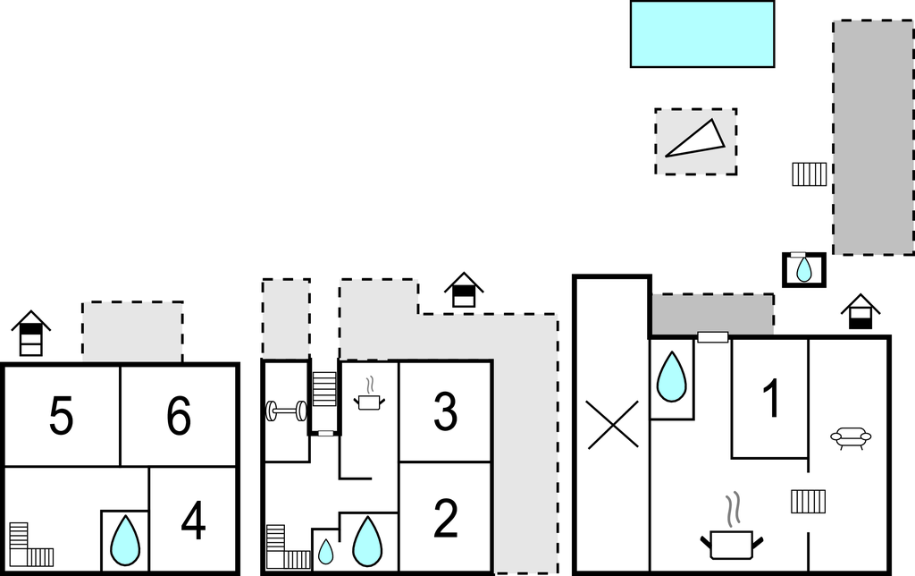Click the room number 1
tap(770, 399)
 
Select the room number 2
tap(445, 519)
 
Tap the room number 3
tap(445, 411)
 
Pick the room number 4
tap(193, 521)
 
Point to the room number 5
tap(61, 417)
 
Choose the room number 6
tap(179, 417)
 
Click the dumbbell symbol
tap(286, 411)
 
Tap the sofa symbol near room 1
tap(851, 438)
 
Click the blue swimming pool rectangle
tap(701, 34)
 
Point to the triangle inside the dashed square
tap(695, 140)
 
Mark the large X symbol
tap(612, 424)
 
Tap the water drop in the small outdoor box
tap(804, 268)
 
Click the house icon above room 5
tap(31, 334)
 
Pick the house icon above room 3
tap(464, 292)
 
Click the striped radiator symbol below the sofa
tap(808, 501)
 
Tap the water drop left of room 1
tap(672, 377)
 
